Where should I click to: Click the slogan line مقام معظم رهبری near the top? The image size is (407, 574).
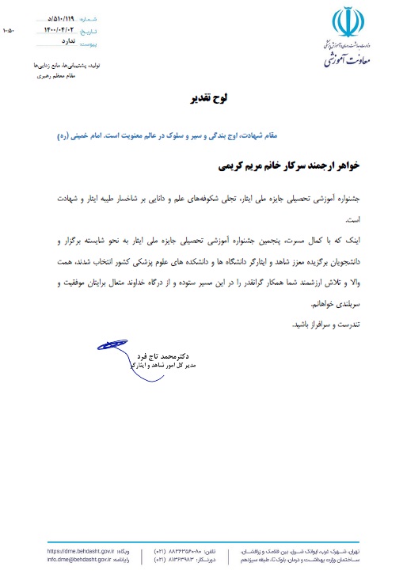70,76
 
